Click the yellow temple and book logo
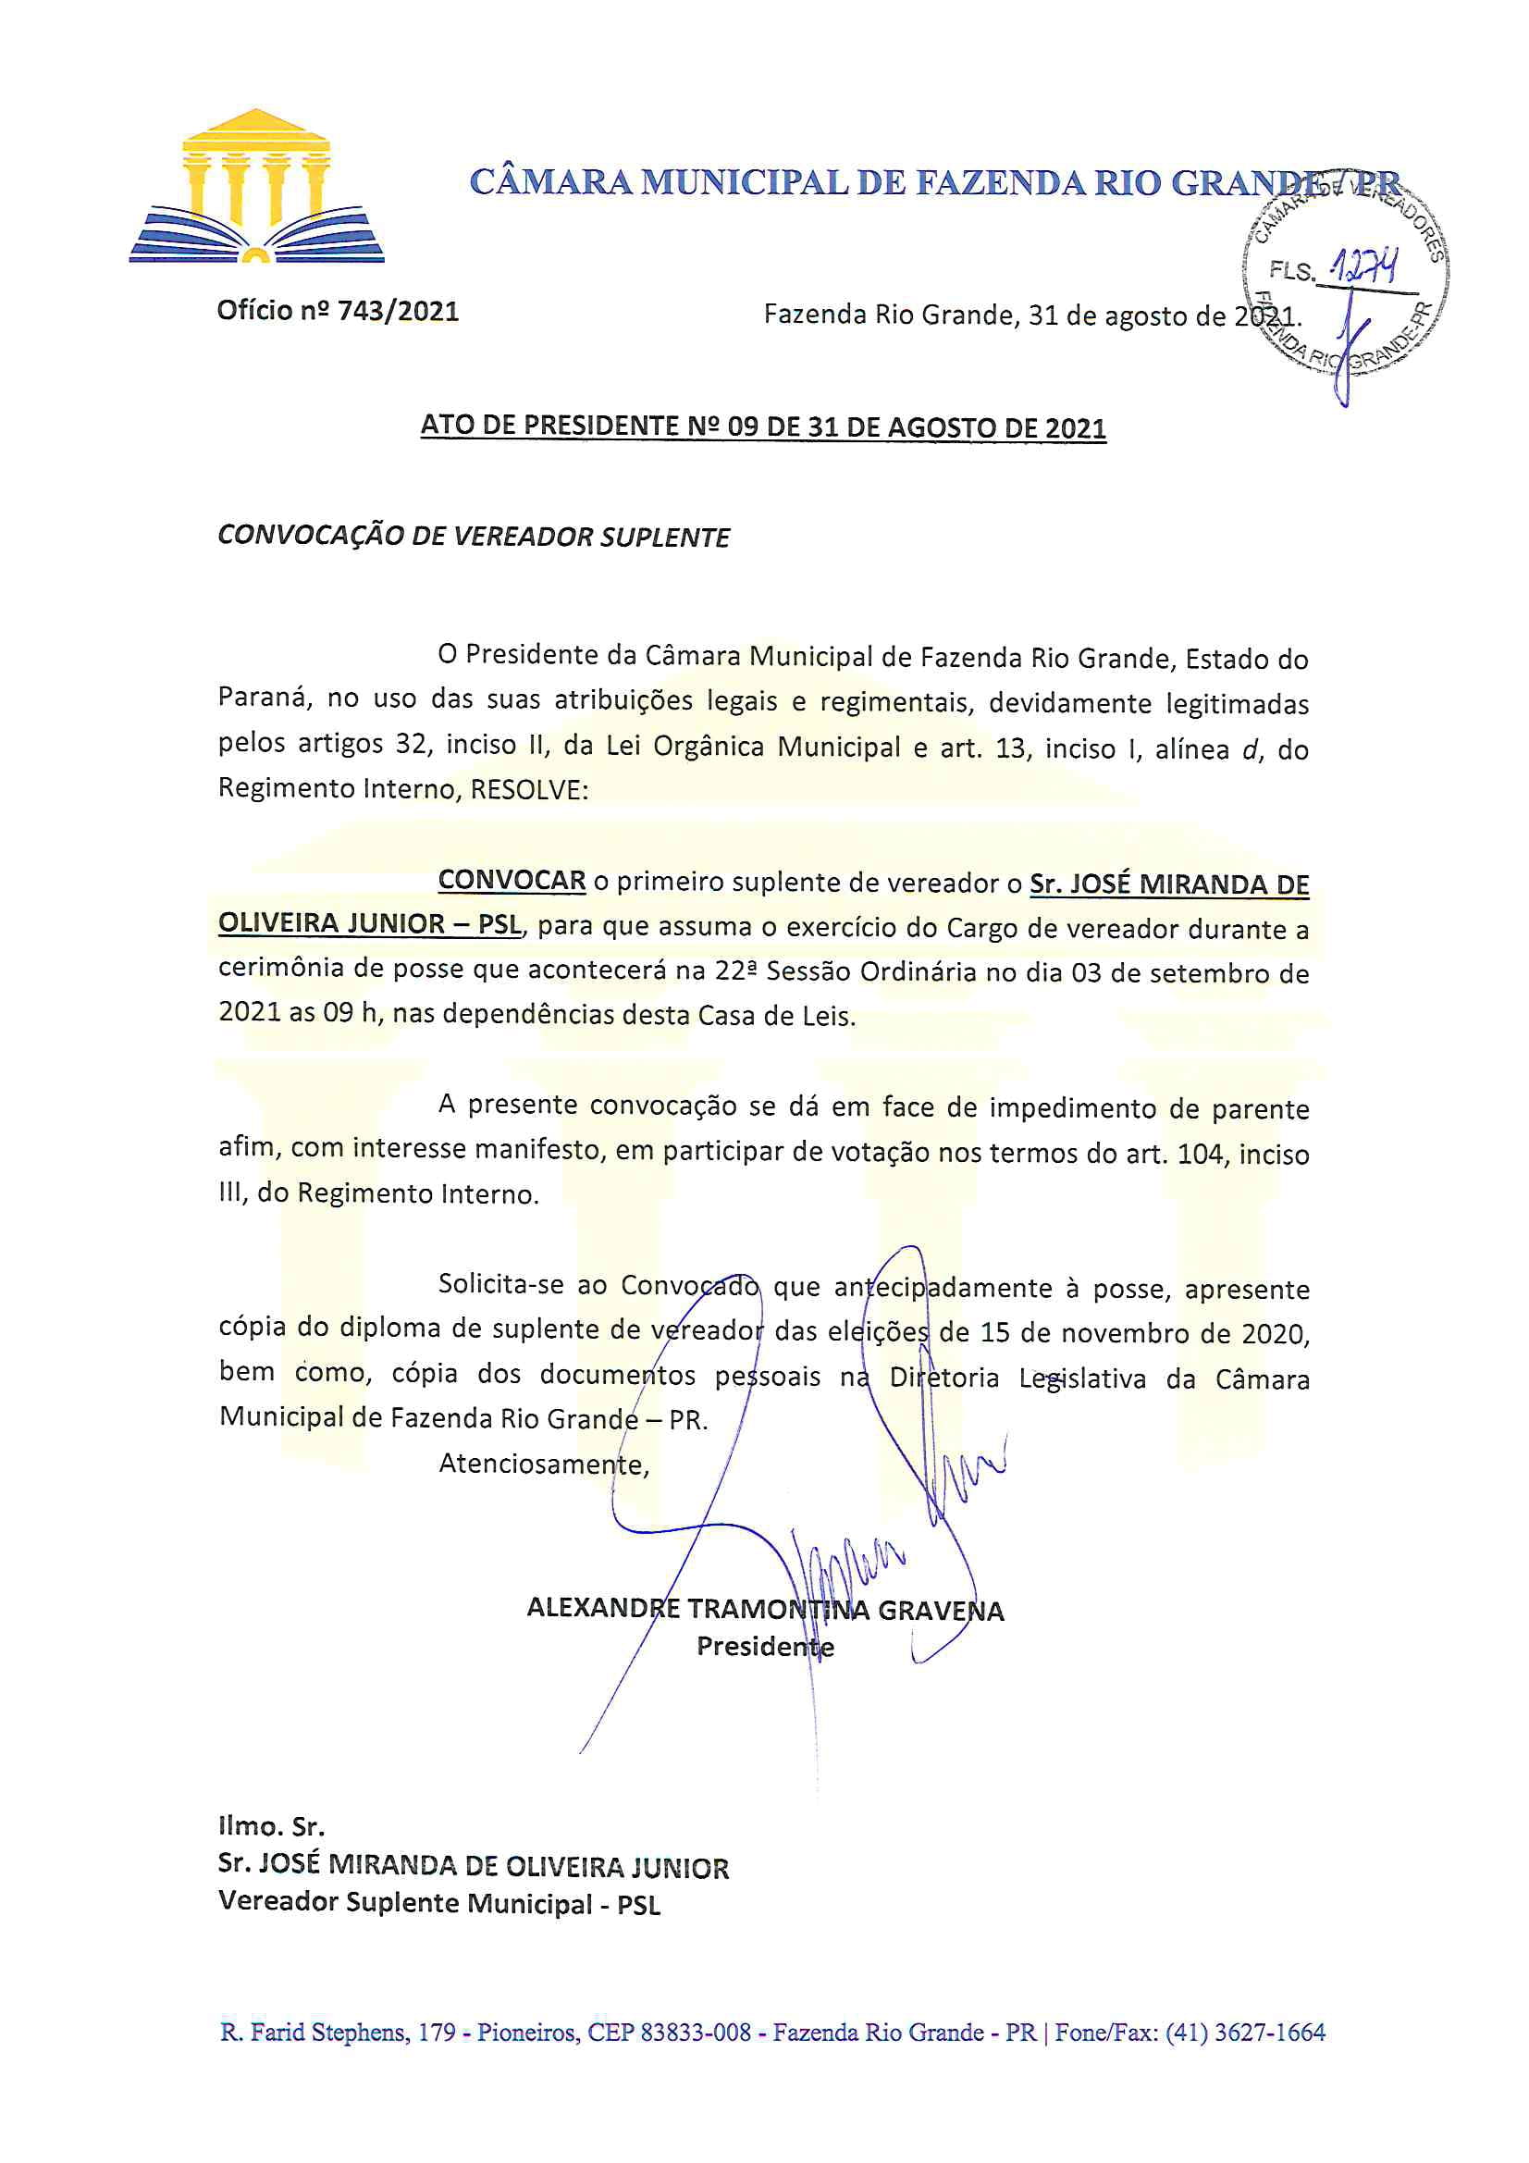point(256,187)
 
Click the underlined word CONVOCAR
point(512,881)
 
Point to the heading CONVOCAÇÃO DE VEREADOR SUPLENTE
point(474,537)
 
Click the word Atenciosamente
point(544,1463)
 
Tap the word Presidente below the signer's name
point(765,1646)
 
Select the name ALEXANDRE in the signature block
point(603,1607)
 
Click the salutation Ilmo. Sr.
point(271,1825)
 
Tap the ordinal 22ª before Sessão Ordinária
point(735,971)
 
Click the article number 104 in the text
point(1201,1153)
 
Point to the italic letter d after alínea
point(1251,750)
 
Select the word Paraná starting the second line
point(263,699)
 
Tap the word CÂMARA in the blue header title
point(550,182)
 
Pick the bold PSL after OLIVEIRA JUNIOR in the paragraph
point(499,923)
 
